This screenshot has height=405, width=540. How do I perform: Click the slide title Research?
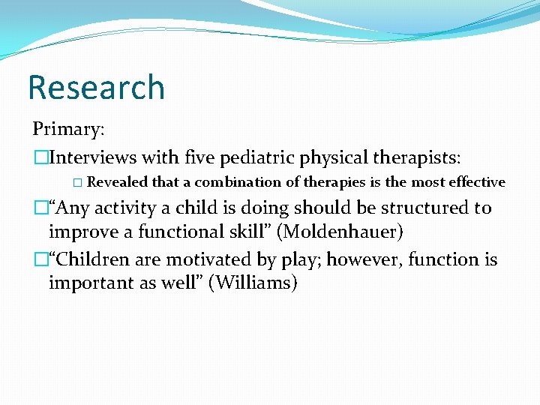coord(96,88)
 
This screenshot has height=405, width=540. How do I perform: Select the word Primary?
coord(68,129)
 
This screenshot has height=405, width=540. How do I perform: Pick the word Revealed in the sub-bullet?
coord(118,182)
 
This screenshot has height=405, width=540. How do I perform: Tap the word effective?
coord(477,182)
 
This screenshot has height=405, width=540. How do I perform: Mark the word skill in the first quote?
coord(248,232)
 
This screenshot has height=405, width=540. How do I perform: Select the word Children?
coord(92,259)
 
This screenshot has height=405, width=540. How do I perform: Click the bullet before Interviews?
coord(40,158)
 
